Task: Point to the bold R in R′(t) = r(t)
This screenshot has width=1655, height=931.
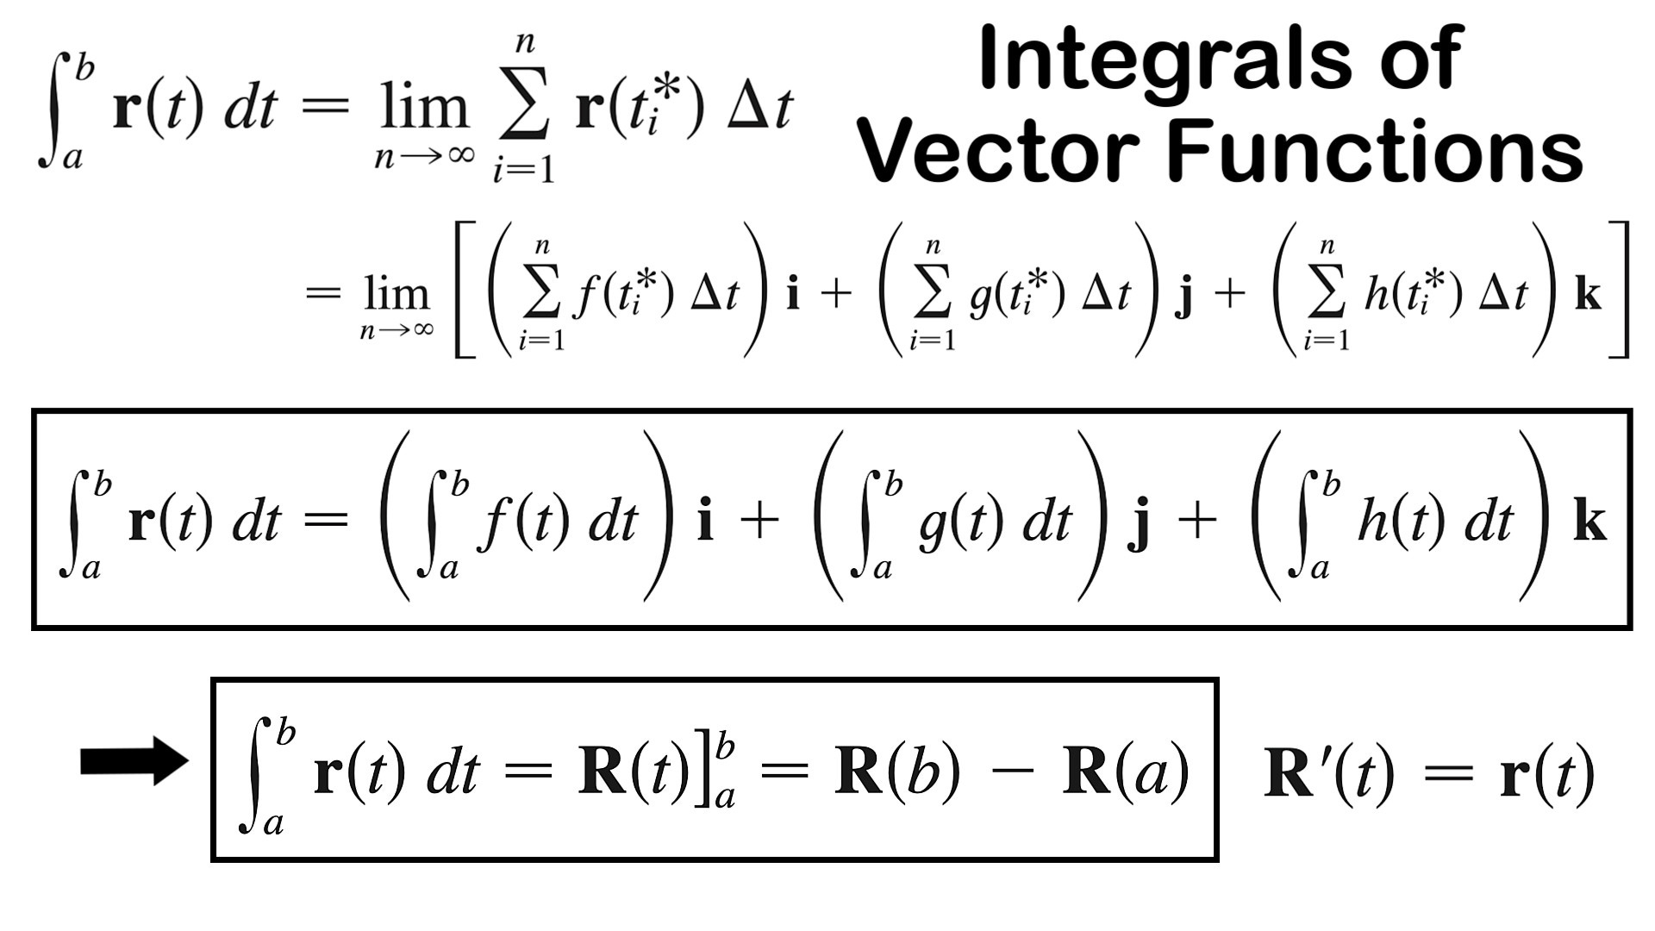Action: pos(1290,773)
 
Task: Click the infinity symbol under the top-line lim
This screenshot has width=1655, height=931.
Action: pos(456,155)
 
